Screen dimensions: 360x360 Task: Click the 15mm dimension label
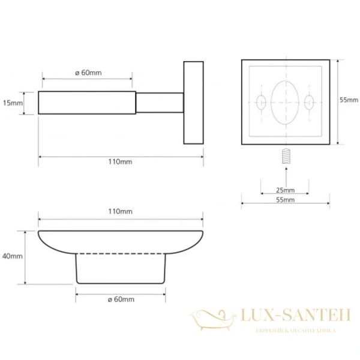click(13, 103)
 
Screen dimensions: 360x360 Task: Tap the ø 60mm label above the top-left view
click(88, 73)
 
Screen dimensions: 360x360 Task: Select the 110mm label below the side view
click(121, 161)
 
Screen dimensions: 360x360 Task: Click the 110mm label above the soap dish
click(121, 211)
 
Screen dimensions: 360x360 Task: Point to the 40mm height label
click(13, 256)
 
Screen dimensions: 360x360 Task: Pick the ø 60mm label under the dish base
click(121, 299)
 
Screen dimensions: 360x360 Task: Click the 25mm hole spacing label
click(285, 190)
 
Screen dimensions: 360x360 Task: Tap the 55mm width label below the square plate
click(285, 200)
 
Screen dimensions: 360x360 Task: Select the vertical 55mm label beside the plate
click(349, 100)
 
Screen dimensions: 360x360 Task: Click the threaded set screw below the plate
click(286, 156)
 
